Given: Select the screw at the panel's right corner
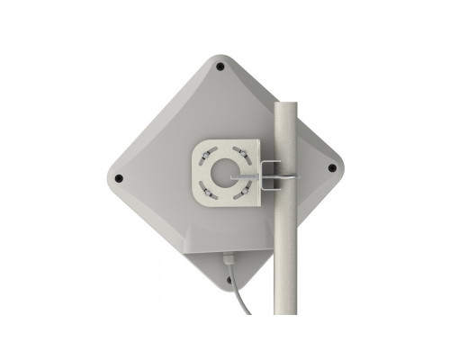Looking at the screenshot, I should click(331, 167).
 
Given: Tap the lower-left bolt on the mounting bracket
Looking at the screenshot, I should click(206, 188).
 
